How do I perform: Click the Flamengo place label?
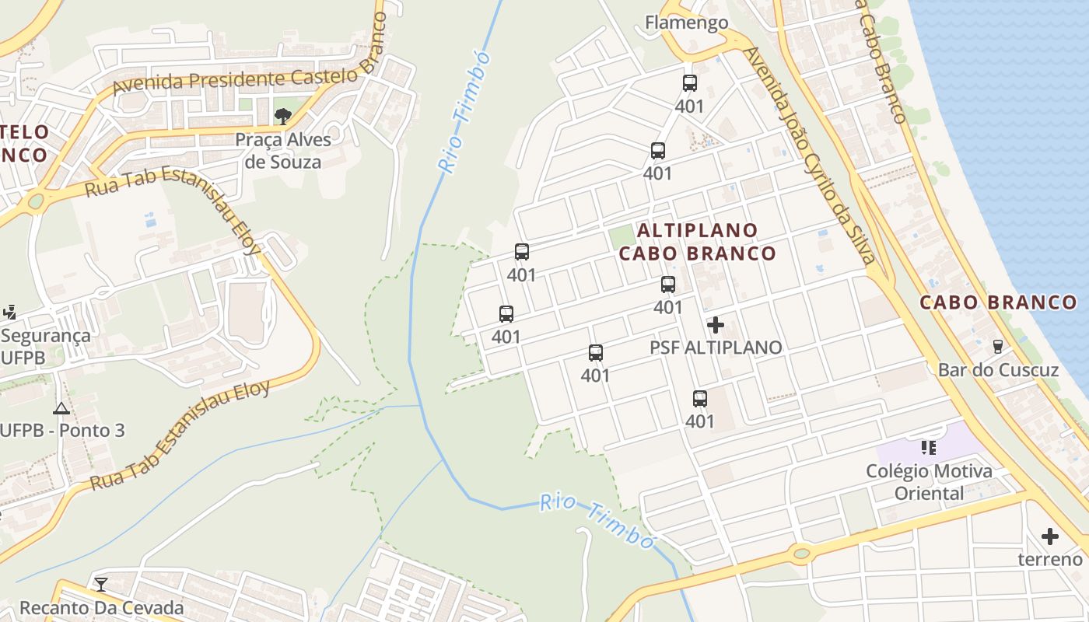coord(686,23)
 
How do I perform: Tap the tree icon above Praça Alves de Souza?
coord(283,117)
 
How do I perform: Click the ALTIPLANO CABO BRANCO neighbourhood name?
coord(698,242)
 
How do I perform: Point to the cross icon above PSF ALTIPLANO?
coord(716,325)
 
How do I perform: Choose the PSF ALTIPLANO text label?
coord(716,348)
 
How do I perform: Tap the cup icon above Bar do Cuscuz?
coord(998,347)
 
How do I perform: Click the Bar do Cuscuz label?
coord(998,369)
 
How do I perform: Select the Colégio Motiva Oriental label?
coord(929,482)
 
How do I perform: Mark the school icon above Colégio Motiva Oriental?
coord(928,447)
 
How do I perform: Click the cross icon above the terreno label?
coord(1050,536)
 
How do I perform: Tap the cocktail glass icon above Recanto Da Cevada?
coord(101,585)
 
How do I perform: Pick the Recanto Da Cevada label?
coord(101,607)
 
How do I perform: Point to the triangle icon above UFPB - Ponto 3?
coord(61,408)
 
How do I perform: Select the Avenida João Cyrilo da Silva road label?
coord(809,155)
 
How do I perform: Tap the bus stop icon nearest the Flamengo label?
coord(689,83)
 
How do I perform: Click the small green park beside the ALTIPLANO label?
coord(622,235)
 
